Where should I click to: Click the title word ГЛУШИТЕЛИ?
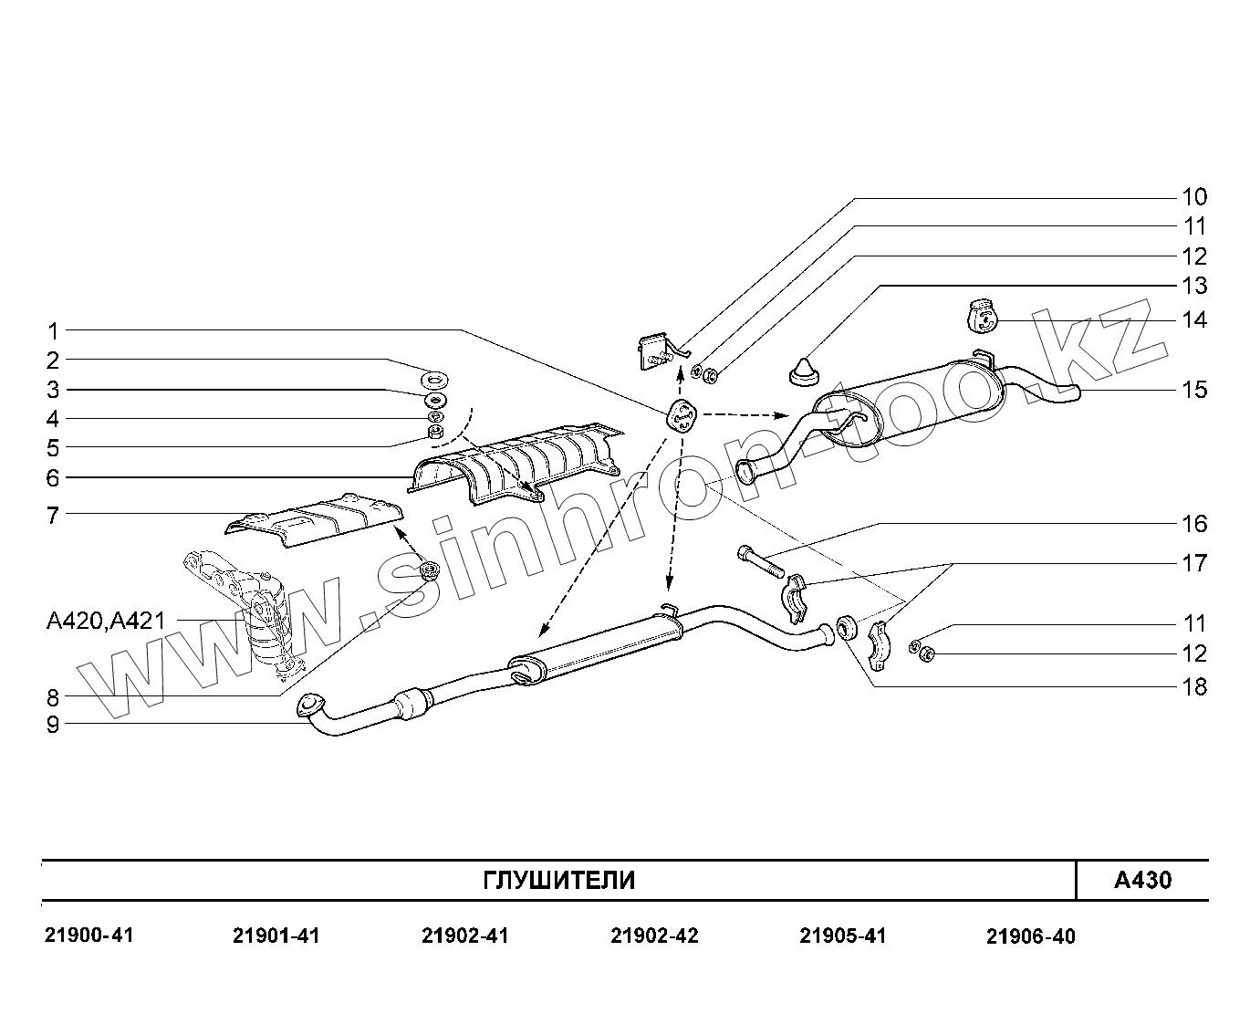coord(558,881)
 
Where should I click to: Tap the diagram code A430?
coord(1142,881)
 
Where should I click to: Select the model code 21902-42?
coord(654,936)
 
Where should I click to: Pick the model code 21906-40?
coord(1030,936)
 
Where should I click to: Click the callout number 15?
coord(1193,390)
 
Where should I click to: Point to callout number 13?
coord(1193,286)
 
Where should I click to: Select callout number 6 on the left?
coord(53,477)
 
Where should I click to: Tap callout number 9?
coord(53,725)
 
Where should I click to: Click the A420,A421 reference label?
coord(106,622)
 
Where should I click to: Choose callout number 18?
coord(1193,686)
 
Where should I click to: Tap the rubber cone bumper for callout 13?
coord(801,371)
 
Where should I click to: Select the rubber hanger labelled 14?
coord(982,317)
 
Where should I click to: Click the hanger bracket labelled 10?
coord(655,350)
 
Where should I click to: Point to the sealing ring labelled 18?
coord(846,627)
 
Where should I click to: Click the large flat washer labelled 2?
coord(436,377)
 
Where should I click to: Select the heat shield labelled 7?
coord(315,520)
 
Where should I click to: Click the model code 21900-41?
coord(89,936)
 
